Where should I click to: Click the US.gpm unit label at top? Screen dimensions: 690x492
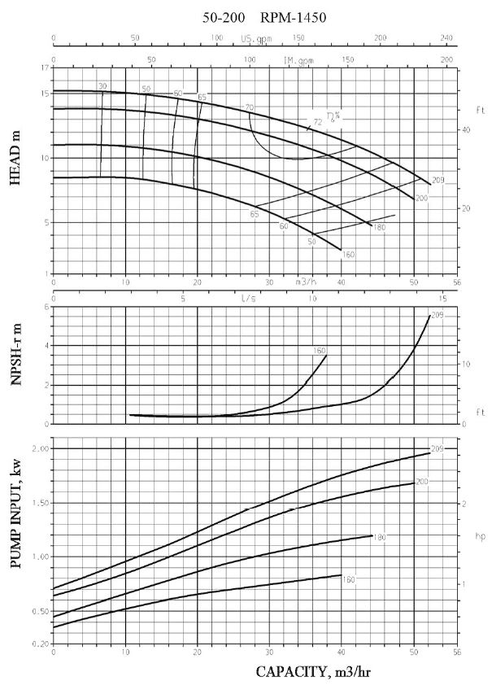(x=255, y=39)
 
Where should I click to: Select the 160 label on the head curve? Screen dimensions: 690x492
(x=349, y=254)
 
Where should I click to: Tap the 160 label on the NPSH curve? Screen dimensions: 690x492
(x=320, y=351)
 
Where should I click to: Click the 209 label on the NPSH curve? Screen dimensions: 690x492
(x=437, y=315)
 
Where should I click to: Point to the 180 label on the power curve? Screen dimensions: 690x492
(x=379, y=537)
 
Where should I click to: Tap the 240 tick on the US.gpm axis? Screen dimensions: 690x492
(x=446, y=39)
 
